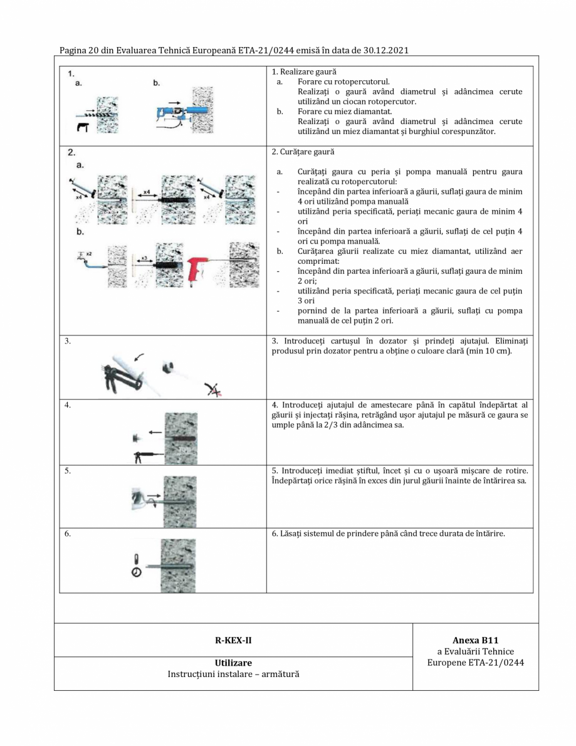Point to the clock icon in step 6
click(x=136, y=571)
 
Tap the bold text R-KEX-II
click(x=233, y=640)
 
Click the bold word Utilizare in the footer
click(x=233, y=663)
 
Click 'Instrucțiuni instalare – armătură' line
click(x=233, y=675)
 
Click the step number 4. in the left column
click(x=68, y=405)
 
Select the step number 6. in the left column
click(x=68, y=534)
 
